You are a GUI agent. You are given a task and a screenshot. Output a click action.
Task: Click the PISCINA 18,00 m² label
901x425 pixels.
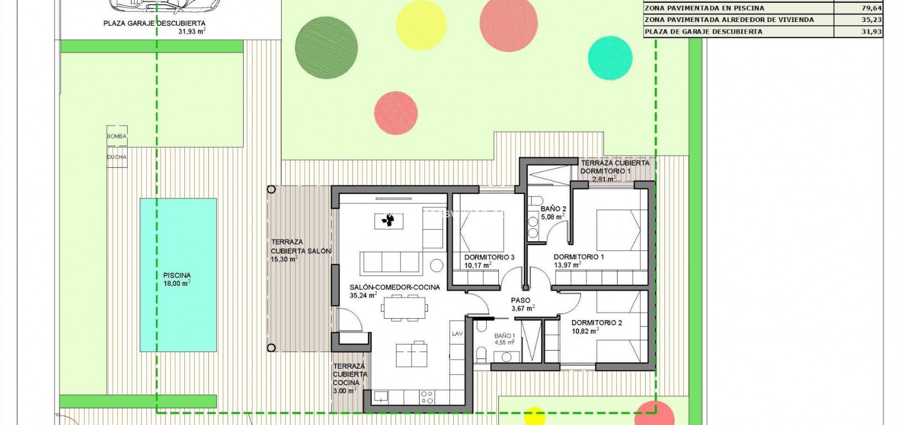coord(177,279)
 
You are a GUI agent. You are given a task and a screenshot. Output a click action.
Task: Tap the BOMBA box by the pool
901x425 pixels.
coord(117,136)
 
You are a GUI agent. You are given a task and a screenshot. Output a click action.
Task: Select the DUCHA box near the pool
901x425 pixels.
coord(117,157)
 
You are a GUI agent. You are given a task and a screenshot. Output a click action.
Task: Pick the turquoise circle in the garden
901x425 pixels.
coord(610,58)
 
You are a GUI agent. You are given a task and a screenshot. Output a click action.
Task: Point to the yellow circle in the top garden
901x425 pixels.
coord(421,25)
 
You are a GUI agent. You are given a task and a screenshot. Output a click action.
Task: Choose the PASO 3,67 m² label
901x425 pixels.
coord(521,304)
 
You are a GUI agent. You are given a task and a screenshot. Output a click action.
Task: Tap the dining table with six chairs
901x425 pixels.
coord(405,307)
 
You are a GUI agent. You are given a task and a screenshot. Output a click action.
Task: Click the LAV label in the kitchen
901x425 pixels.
coord(457,334)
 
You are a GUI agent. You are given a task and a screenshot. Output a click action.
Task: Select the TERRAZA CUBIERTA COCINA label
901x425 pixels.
coord(349,378)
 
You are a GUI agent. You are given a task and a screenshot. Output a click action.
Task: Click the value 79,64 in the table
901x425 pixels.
coord(871,8)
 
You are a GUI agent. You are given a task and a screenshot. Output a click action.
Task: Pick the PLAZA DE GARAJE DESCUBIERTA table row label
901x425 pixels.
coord(704,31)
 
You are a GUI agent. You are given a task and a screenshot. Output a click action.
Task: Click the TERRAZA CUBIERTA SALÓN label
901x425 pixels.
coord(300,250)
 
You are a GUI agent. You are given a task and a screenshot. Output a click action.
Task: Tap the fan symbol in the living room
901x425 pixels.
coord(389,220)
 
